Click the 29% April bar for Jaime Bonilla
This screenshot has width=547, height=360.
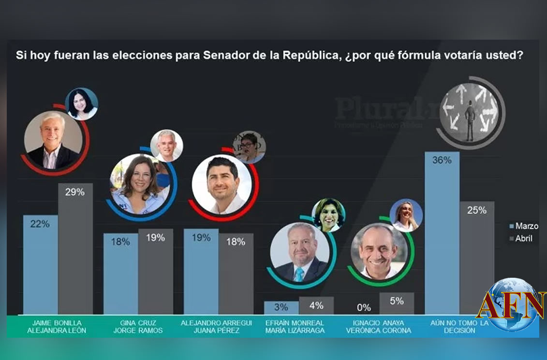coord(75,249)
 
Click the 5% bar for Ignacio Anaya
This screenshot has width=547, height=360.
coord(397,304)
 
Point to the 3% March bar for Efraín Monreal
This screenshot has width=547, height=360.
coord(281,308)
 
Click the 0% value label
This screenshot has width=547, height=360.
coord(364,307)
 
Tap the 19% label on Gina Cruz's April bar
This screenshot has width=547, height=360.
coord(155,238)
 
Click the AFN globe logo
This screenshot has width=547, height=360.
coord(513,305)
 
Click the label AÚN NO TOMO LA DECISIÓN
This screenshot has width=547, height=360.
coord(459,326)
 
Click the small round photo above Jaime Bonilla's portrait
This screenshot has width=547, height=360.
coord(82,104)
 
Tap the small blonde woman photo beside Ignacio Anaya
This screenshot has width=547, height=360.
coord(406,215)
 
